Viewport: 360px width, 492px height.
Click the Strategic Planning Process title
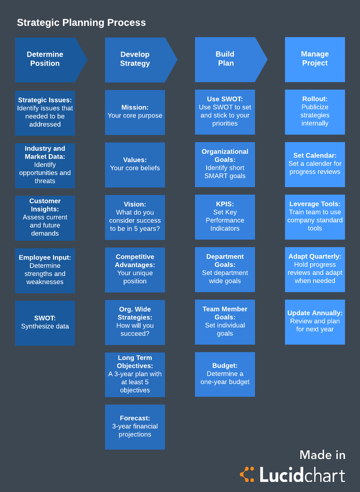81,22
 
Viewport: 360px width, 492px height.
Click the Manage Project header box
315,59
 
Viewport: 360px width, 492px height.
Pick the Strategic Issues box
45,112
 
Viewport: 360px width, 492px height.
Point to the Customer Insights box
45,217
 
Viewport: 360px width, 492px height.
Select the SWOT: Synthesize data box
45,322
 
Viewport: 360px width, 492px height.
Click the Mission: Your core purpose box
135,112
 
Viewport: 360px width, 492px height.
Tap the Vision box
135,217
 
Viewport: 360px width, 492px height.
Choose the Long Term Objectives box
135,374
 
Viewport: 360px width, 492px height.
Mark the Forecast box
135,427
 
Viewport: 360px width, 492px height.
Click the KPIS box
225,217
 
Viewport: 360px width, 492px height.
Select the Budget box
225,374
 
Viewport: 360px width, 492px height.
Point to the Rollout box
315,112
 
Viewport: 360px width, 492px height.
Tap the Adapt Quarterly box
315,269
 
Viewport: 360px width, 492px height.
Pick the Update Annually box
315,322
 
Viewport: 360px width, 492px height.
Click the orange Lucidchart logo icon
247,474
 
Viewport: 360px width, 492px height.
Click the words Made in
322,455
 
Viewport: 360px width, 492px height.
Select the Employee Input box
45,270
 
